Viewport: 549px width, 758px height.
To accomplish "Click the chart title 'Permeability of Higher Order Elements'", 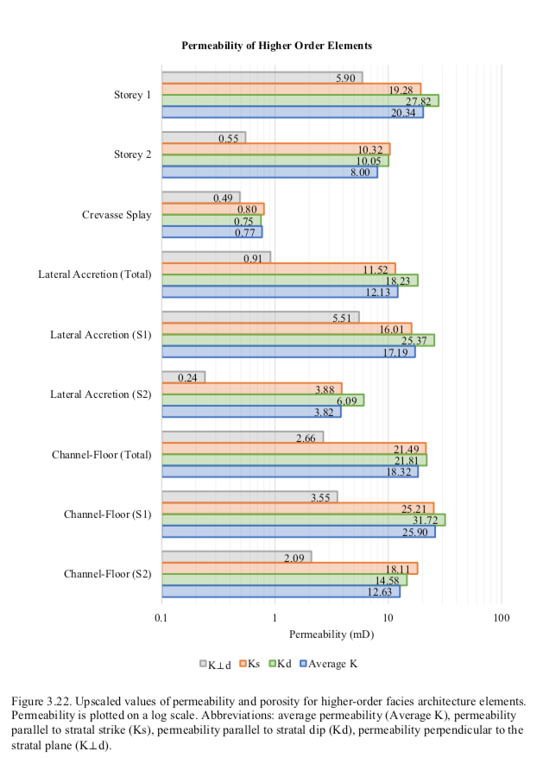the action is (x=276, y=46).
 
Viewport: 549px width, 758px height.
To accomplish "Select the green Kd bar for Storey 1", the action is (x=300, y=100).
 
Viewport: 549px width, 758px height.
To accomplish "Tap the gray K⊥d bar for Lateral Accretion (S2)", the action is (x=183, y=377).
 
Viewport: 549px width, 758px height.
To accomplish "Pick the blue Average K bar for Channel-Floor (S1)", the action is (x=298, y=532).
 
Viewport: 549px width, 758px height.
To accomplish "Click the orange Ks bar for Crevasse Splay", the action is (x=212, y=209).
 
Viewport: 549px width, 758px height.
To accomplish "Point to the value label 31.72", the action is (x=426, y=521).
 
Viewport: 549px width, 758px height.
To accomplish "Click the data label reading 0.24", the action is (x=187, y=377).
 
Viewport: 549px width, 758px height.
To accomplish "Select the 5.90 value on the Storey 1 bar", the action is (x=345, y=78).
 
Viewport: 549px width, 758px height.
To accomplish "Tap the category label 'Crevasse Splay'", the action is (x=117, y=215).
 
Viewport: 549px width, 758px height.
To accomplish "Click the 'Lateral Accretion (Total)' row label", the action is (x=95, y=275).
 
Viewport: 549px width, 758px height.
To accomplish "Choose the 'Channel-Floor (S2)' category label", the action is (x=107, y=574).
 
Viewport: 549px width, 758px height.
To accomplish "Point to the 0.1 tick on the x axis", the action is (x=161, y=618).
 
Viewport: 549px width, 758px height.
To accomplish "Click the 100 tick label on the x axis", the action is (x=502, y=618).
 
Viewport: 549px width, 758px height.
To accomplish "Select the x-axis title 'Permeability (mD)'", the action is (x=331, y=635).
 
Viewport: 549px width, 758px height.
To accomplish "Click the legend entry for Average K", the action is (x=329, y=664).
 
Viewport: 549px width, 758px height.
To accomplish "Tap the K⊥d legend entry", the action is (x=216, y=664).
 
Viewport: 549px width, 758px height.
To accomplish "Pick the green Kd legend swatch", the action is (x=272, y=663).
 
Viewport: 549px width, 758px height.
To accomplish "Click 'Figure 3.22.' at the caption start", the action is (x=41, y=701).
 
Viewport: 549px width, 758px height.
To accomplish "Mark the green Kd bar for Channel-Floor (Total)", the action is (x=294, y=460).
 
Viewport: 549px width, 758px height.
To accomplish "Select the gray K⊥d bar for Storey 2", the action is (x=204, y=138).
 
